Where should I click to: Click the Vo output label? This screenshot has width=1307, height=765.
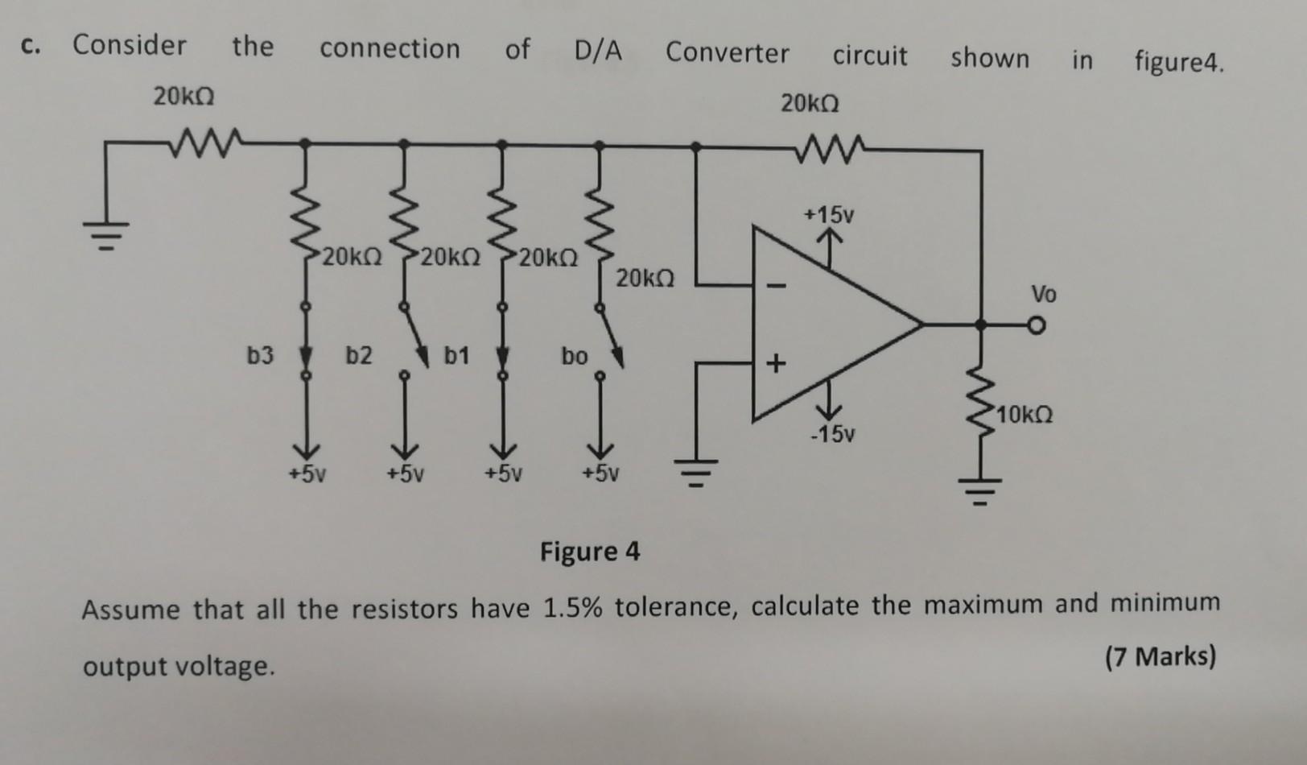click(1044, 294)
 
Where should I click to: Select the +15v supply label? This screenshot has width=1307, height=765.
click(828, 215)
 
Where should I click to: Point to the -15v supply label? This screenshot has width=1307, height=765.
click(832, 435)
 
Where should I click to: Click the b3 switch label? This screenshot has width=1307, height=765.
click(260, 355)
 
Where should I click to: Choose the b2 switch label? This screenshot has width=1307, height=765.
click(359, 355)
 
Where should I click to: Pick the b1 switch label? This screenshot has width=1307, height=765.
click(457, 355)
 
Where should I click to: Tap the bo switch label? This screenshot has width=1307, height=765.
click(575, 356)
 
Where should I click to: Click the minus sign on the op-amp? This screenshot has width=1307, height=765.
click(777, 284)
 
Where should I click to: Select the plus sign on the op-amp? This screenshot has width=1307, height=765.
click(775, 364)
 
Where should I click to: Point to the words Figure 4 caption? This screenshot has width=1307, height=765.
click(590, 552)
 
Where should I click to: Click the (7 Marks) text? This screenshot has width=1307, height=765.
click(1160, 657)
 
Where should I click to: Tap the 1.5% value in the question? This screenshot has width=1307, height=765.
click(572, 606)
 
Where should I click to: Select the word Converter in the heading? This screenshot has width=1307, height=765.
click(727, 53)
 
